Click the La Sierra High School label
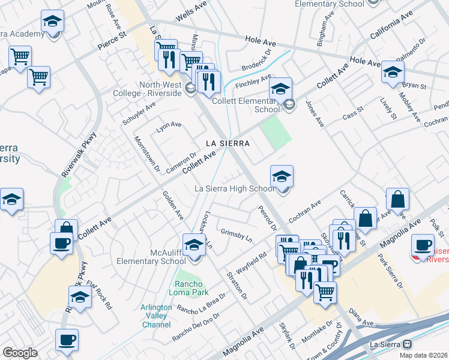(234, 189)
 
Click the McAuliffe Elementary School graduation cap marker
(194, 245)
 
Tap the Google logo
(20, 353)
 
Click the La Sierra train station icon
(407, 344)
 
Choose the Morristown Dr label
(147, 154)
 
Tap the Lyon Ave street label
(169, 125)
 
